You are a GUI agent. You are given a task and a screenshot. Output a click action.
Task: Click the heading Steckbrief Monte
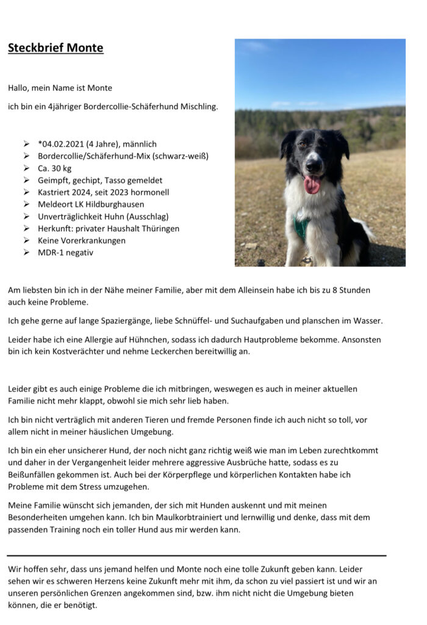(56, 48)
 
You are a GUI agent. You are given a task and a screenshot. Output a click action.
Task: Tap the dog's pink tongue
(312, 184)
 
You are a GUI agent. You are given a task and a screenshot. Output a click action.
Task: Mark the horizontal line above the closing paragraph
(196, 555)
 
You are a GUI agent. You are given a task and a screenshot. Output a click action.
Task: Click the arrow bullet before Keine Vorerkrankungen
(27, 240)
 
